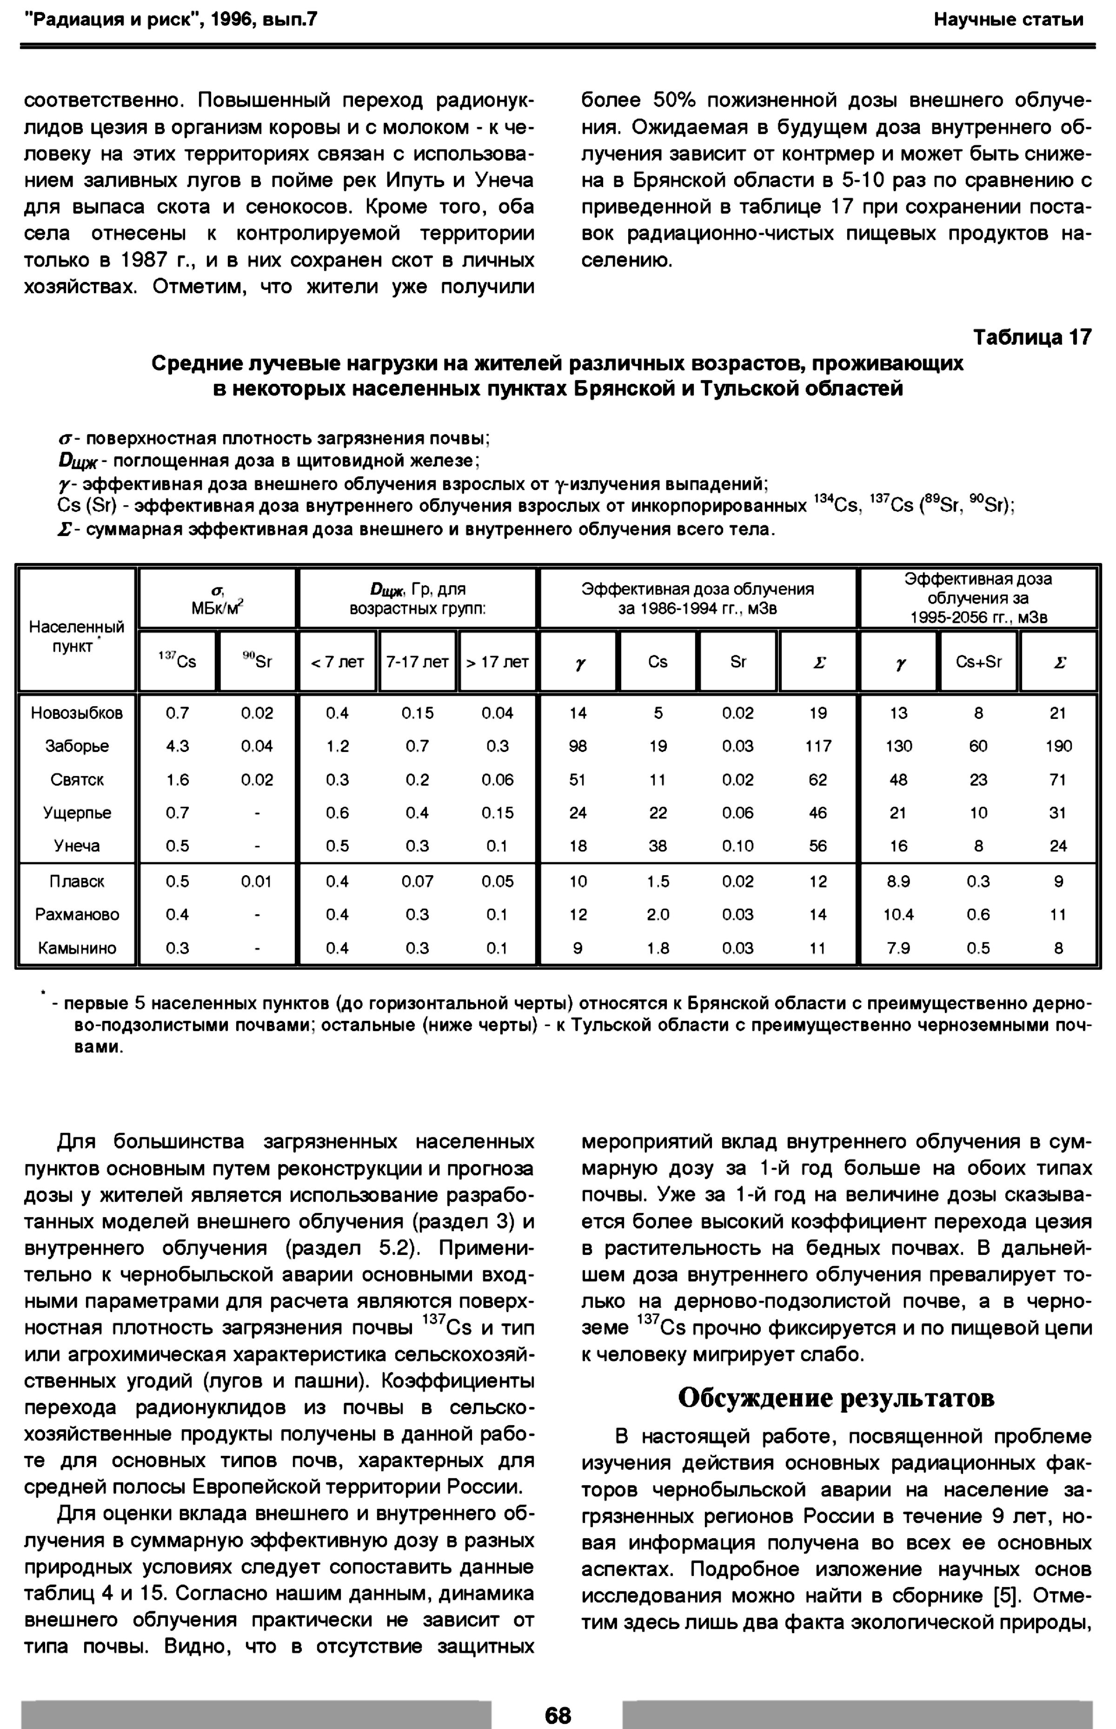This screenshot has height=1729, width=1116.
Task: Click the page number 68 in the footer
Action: (557, 1715)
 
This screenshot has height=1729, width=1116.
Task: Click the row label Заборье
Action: (77, 746)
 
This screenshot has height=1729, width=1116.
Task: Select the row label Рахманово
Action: (77, 914)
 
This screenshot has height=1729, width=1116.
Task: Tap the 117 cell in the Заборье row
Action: (818, 746)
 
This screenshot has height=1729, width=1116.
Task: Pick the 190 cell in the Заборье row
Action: (1058, 746)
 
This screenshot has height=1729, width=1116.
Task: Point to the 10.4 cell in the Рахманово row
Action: (898, 914)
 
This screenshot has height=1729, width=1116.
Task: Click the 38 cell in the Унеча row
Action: (658, 846)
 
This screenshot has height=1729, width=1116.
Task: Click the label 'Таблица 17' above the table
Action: (1031, 338)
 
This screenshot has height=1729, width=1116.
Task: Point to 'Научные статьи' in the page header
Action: (1008, 20)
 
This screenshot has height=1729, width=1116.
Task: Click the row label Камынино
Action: (77, 948)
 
